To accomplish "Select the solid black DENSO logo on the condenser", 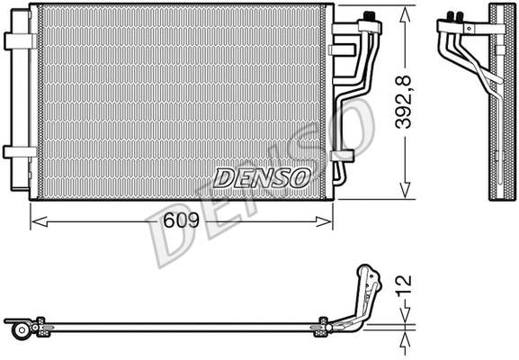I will [262, 176].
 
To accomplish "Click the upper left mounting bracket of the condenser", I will [19, 40].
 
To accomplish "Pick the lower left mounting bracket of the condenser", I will [19, 151].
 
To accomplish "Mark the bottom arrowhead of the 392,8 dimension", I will [406, 192].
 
